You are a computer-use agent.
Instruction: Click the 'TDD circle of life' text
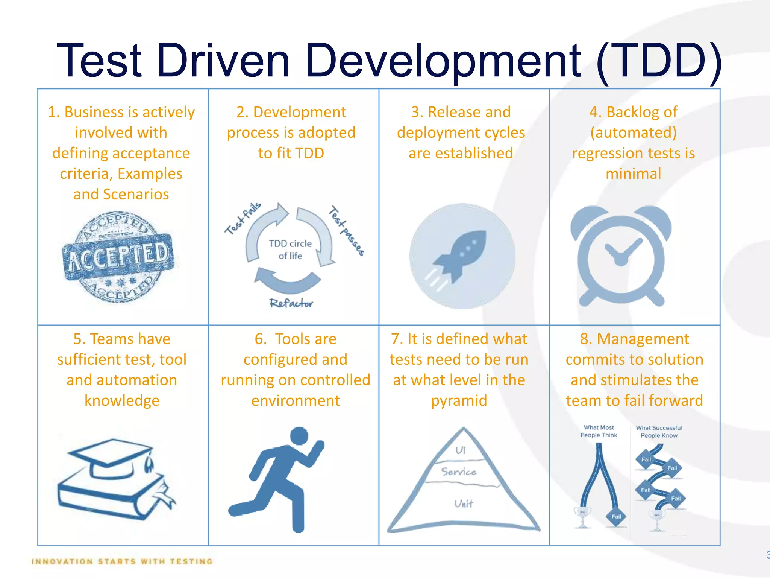tap(290, 249)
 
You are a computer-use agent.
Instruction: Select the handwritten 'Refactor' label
tap(291, 303)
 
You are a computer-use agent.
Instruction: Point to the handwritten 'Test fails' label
tap(243, 218)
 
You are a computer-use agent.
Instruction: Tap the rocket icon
tap(461, 256)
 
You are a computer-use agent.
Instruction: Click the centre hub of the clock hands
tap(621, 259)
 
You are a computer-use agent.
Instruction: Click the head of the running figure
tap(299, 437)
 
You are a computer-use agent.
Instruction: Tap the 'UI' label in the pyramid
tap(461, 450)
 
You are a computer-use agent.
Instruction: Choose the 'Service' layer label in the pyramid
tap(459, 472)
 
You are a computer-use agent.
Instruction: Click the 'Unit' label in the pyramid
tap(464, 504)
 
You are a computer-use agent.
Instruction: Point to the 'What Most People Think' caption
tap(599, 431)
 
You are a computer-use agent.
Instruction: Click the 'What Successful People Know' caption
tap(659, 432)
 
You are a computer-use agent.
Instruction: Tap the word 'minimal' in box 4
tap(633, 173)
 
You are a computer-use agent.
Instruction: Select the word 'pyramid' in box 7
tap(459, 400)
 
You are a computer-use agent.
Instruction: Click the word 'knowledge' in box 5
tap(122, 400)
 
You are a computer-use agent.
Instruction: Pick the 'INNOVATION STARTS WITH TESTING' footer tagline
tap(122, 561)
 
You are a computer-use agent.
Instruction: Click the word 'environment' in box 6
tap(296, 400)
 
